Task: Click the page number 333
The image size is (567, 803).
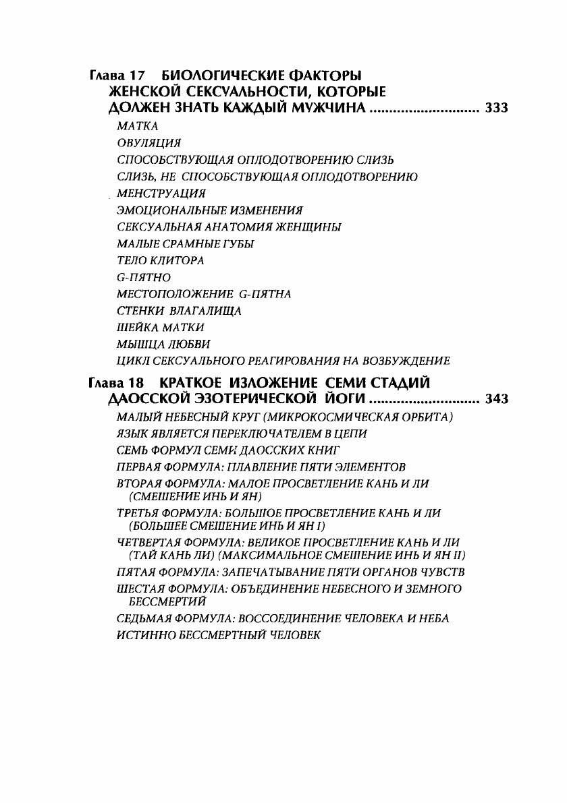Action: point(496,108)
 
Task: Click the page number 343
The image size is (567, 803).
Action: point(496,399)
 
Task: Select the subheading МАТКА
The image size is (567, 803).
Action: point(137,126)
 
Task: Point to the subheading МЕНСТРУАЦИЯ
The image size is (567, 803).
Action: point(161,194)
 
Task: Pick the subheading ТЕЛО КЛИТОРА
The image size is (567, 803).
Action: point(160,260)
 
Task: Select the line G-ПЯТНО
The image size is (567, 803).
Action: point(144,277)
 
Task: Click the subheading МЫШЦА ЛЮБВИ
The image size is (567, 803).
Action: point(154,344)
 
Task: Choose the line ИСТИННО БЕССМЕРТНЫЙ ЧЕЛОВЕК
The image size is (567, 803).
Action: point(218,634)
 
